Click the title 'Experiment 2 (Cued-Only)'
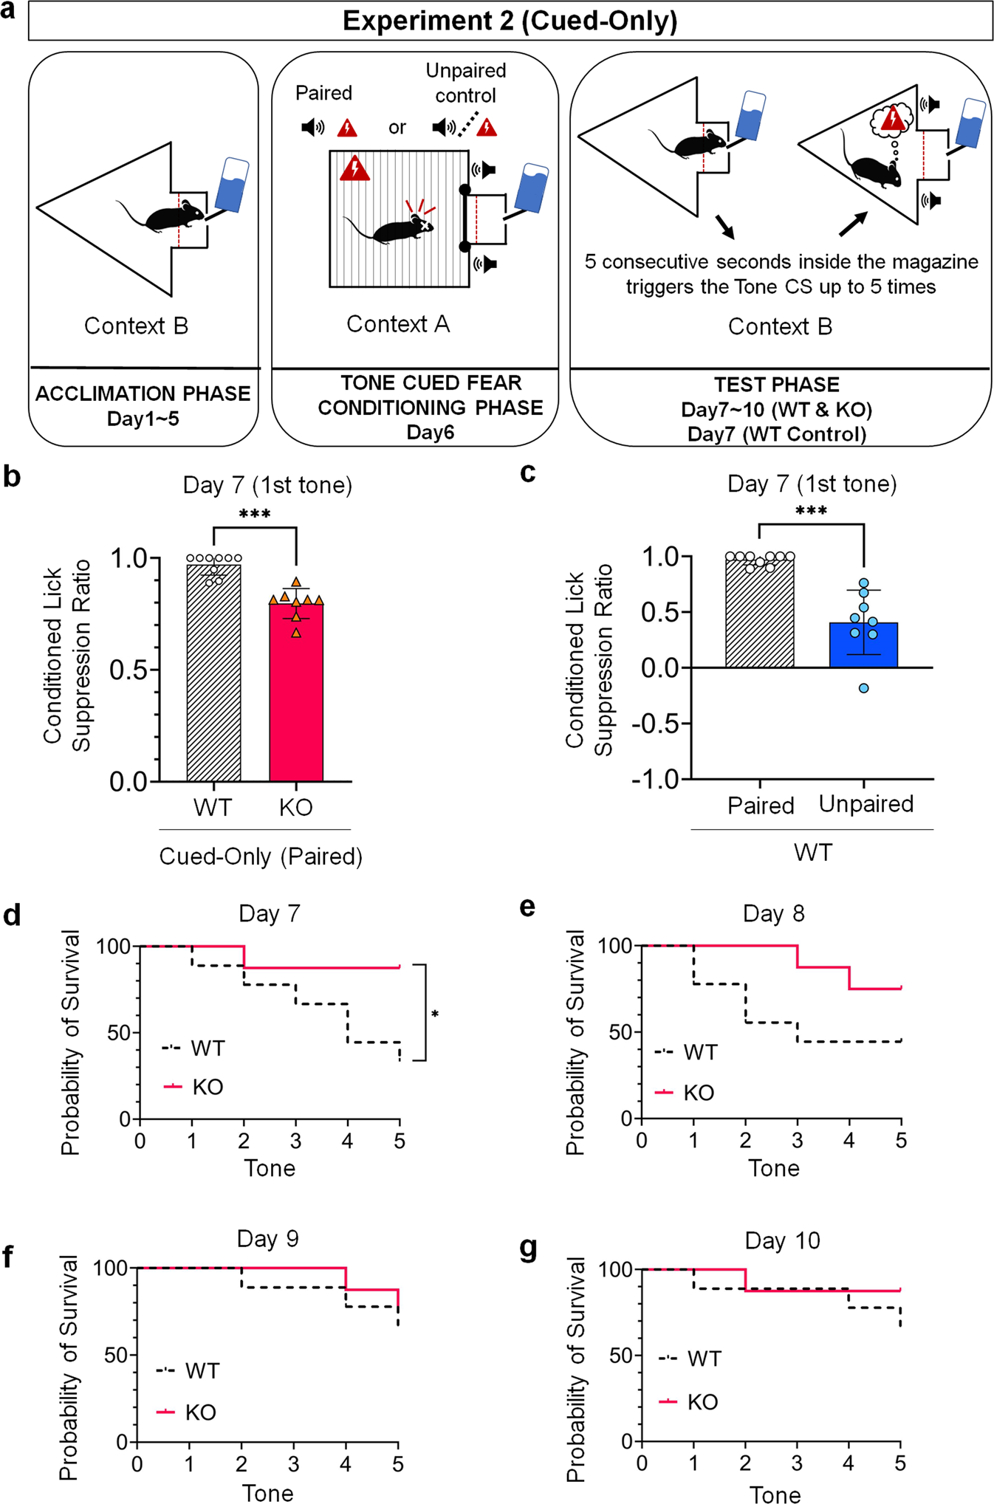click(510, 21)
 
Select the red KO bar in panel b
click(296, 694)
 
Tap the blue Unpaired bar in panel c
click(863, 645)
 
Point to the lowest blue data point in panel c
click(863, 688)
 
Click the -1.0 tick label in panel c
click(656, 780)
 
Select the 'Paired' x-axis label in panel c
click(761, 806)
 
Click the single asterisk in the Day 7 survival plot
click(435, 1015)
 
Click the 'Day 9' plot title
click(267, 1238)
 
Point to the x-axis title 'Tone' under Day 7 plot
click(270, 1169)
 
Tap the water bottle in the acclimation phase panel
click(232, 185)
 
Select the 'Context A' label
click(398, 324)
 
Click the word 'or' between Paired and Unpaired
click(397, 128)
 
